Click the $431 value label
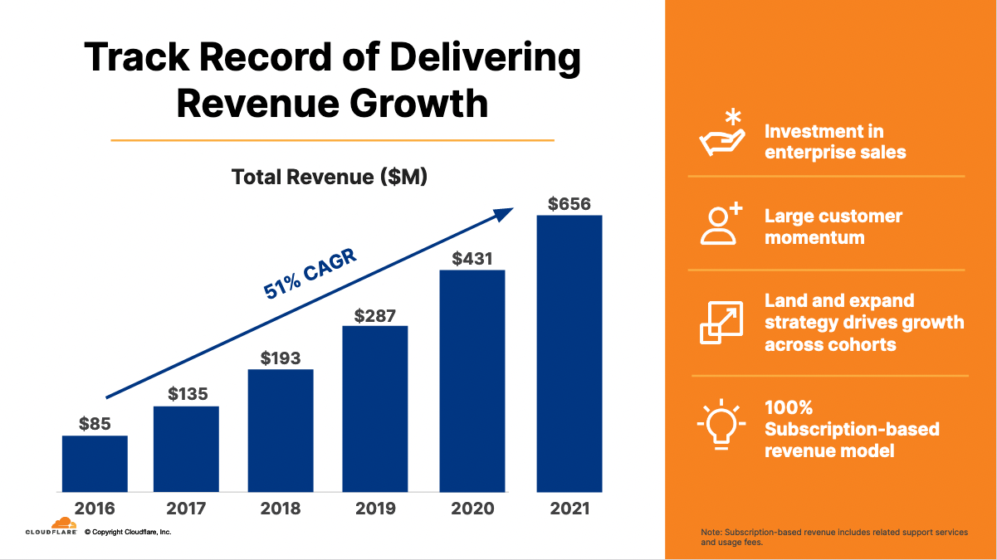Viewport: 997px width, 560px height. (x=472, y=259)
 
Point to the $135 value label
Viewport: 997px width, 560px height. (x=187, y=394)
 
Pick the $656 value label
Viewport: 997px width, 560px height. (x=569, y=203)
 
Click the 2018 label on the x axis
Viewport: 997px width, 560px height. (x=280, y=509)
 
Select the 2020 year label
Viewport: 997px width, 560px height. (x=472, y=509)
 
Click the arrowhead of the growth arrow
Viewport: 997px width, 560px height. (x=506, y=213)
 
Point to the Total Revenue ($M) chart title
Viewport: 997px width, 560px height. (x=329, y=177)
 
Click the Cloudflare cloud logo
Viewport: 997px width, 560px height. (x=63, y=523)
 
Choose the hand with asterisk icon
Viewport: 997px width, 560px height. (x=720, y=133)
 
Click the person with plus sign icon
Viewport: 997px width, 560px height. (x=720, y=224)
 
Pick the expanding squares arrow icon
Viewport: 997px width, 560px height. (x=720, y=322)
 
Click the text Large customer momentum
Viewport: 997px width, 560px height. (x=833, y=226)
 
